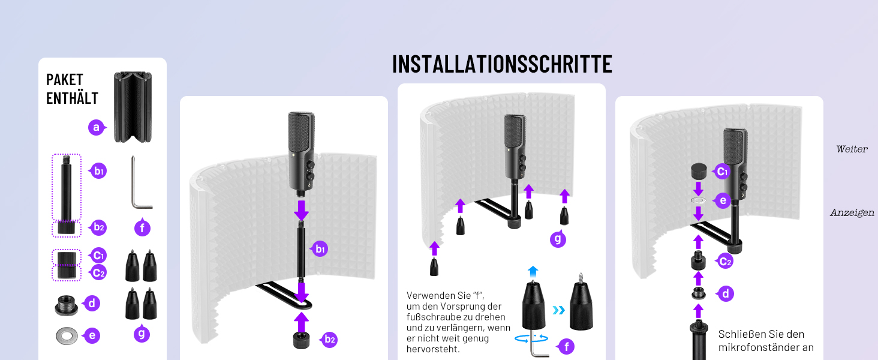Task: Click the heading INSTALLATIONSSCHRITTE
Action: pos(502,64)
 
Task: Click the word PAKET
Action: pos(65,80)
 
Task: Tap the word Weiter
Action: pos(852,149)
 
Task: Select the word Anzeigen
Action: pos(852,213)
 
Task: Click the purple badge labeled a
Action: pos(97,127)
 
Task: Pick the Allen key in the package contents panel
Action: pos(141,183)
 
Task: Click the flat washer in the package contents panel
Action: pos(67,335)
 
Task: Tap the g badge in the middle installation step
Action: pos(558,239)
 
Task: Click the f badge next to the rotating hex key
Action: pos(566,346)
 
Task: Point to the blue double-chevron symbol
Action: pos(559,310)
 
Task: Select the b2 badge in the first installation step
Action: pos(329,340)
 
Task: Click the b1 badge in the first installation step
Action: pos(320,249)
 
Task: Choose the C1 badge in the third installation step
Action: pos(721,172)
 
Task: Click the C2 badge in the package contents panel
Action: pos(98,272)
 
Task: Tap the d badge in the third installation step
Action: pos(725,294)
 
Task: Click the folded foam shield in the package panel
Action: pos(133,107)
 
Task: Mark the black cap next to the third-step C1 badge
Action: pos(699,172)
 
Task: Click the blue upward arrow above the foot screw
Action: pos(533,271)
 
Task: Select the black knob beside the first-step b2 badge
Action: pos(301,340)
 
